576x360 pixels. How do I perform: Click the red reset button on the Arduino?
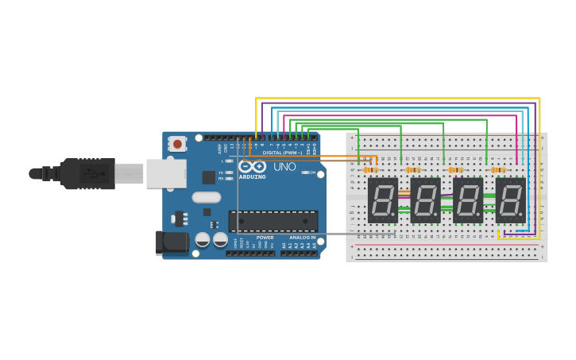click(177, 144)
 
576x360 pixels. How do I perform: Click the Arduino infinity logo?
click(252, 167)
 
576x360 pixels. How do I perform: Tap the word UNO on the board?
click(284, 167)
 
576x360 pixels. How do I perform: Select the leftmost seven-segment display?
click(382, 200)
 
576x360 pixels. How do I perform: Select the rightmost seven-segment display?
click(510, 200)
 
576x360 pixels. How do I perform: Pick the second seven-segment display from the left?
click(425, 200)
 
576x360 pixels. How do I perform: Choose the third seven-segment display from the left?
click(467, 200)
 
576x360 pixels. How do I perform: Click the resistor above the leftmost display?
click(370, 169)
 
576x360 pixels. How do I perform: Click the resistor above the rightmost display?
click(498, 169)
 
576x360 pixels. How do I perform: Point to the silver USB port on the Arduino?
click(166, 173)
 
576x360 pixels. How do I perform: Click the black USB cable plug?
click(87, 173)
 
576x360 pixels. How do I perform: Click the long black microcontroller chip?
click(273, 221)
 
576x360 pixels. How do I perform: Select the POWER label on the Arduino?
click(265, 237)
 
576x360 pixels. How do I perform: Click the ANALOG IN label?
click(302, 237)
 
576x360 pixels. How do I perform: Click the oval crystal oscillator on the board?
click(207, 197)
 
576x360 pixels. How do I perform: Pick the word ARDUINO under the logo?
click(252, 176)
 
